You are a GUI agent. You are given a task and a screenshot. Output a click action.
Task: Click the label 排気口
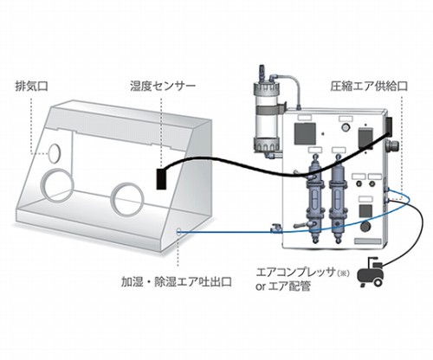(x=31, y=87)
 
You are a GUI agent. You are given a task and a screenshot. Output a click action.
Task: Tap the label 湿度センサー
(x=163, y=87)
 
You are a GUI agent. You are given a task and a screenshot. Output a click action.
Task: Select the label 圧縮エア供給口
(x=369, y=87)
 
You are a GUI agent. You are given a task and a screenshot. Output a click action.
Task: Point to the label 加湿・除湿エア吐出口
(x=177, y=281)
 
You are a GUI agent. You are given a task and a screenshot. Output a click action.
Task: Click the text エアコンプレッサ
(x=295, y=273)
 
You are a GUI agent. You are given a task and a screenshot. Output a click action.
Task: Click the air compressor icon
(x=371, y=272)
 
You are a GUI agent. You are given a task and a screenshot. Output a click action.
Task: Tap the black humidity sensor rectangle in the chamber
(x=161, y=179)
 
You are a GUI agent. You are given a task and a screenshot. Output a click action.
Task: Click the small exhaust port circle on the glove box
(x=55, y=152)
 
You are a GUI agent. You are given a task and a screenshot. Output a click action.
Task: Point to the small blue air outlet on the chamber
(x=178, y=231)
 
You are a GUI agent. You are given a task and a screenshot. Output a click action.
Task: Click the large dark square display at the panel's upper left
(x=305, y=133)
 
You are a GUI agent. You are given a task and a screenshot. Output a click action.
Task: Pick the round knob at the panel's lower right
(x=365, y=226)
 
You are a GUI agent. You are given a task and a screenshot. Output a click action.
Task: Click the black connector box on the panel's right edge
(x=389, y=127)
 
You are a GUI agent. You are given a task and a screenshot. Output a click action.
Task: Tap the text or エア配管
(x=283, y=286)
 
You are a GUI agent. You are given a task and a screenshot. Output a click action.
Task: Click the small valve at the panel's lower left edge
(x=275, y=228)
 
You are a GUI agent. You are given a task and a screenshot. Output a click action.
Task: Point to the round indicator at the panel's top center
(x=345, y=127)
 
